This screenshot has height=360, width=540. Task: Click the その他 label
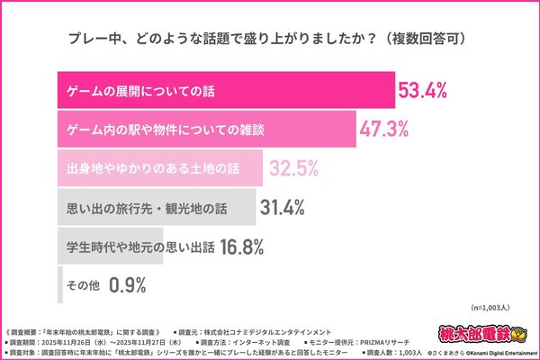pos(83,286)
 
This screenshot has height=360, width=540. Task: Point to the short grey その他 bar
pos(59,286)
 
